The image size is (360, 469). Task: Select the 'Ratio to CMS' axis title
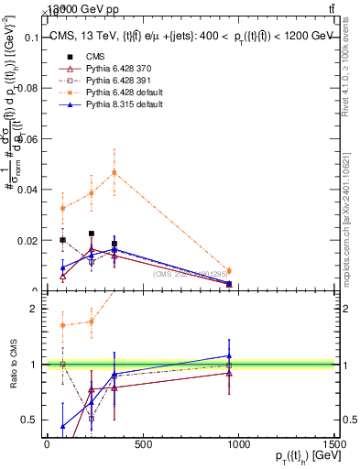pos(14,365)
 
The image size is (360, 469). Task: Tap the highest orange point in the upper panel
pos(115,172)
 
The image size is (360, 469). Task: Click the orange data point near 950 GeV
pos(229,270)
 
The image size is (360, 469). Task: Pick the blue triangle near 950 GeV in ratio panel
pos(229,355)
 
